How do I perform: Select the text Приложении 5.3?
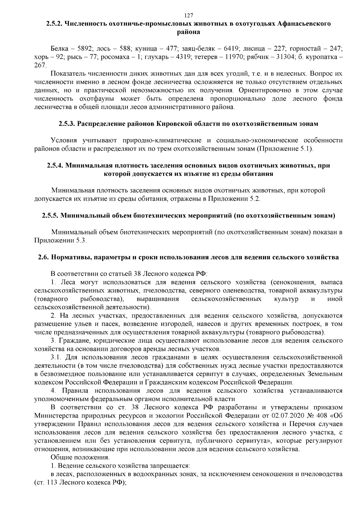click(60, 241)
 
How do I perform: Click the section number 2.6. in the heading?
click(44, 257)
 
